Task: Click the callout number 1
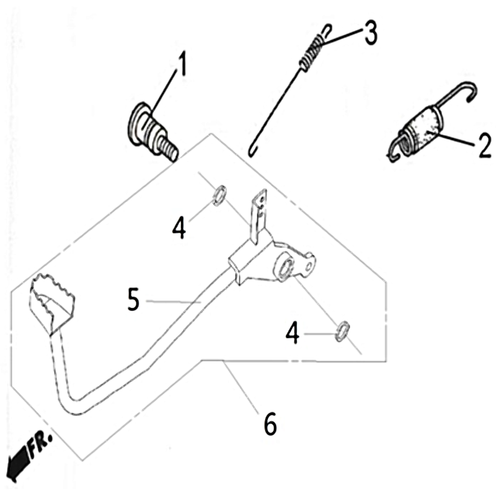(182, 64)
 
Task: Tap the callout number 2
(484, 146)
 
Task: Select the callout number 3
(371, 33)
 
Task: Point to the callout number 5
(134, 299)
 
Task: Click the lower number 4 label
(292, 333)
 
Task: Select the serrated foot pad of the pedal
(51, 301)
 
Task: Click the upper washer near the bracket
(219, 195)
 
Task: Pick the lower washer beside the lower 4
(342, 332)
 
